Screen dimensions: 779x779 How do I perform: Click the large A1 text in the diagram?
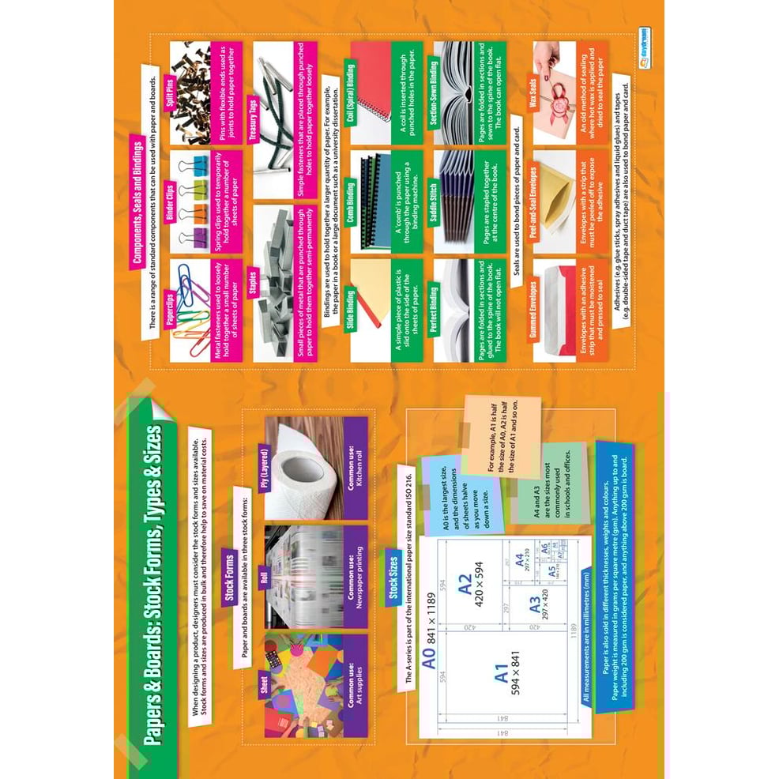pyautogui.click(x=502, y=674)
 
